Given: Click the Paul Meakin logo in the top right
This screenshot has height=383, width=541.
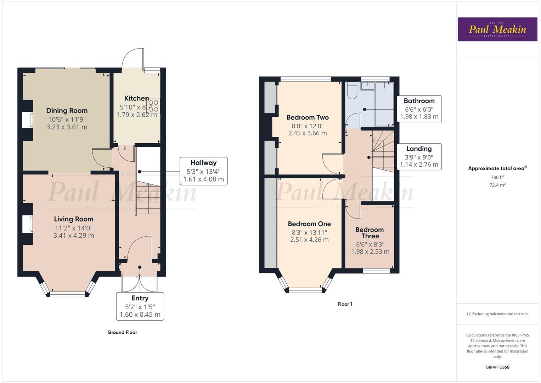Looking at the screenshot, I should click(x=497, y=29).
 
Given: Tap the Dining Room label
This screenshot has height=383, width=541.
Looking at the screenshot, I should click(x=67, y=111).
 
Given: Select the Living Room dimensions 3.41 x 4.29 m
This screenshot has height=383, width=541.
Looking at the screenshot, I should click(x=74, y=235).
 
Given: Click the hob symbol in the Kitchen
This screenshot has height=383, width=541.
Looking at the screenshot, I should click(x=153, y=106).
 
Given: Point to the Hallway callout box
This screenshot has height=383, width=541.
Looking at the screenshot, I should click(x=203, y=171).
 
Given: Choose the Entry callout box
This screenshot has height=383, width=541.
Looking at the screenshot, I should click(x=140, y=306).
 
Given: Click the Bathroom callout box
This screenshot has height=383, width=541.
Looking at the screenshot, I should click(x=419, y=109).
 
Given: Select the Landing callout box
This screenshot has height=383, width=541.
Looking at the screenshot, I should click(x=419, y=156).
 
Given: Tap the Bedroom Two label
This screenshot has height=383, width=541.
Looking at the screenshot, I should click(x=308, y=117).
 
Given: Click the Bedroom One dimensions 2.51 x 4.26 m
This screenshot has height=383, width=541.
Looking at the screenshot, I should click(x=309, y=240).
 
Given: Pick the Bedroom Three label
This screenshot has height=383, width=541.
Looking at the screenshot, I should click(x=370, y=233).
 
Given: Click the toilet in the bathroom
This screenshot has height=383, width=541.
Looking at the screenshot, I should click(x=351, y=90).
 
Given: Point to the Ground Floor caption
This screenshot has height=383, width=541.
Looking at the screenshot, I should click(x=122, y=332).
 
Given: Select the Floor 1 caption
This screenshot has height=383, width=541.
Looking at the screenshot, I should click(x=345, y=304).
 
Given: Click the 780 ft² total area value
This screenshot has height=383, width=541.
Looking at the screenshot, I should click(x=497, y=177).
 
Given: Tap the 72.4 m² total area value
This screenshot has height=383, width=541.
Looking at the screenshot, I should click(x=497, y=185).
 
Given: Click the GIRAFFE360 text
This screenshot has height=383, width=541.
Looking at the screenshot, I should click(x=497, y=367).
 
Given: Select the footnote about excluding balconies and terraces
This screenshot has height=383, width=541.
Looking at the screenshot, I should click(x=497, y=314).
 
